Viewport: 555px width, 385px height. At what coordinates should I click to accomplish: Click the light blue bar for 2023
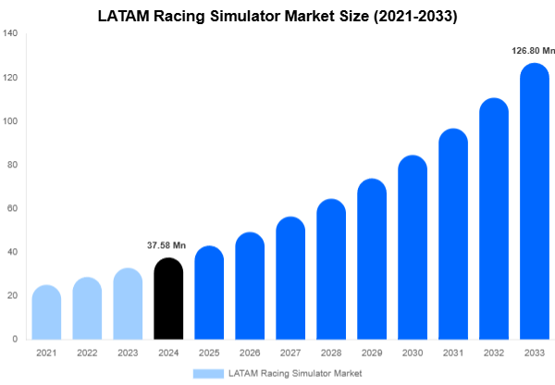point(128,304)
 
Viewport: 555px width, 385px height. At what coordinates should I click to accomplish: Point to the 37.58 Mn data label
point(167,245)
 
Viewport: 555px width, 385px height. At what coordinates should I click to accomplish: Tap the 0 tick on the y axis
point(15,339)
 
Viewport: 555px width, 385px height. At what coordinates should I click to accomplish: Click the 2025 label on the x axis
point(209,353)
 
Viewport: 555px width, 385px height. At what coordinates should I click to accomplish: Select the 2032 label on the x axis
point(494,353)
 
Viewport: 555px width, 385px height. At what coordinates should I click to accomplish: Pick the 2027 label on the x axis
point(290,353)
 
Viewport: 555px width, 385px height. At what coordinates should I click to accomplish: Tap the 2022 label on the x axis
point(87,353)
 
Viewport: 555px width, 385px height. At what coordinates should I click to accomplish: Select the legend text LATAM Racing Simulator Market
point(295,373)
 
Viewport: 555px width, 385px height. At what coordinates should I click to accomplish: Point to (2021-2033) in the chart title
point(412,16)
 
